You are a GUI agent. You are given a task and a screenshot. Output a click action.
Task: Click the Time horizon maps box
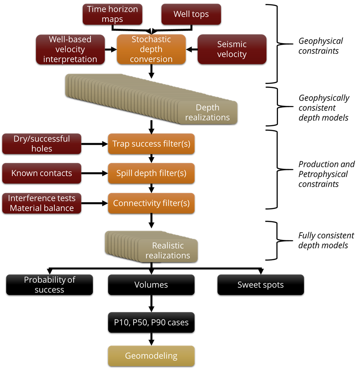click(x=112, y=14)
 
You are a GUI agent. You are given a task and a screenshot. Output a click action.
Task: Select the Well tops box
click(x=191, y=14)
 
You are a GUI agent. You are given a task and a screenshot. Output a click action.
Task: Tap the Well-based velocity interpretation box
click(x=70, y=49)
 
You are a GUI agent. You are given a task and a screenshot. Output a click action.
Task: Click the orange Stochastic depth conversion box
click(x=151, y=49)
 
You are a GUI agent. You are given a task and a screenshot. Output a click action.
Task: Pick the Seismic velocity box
click(x=232, y=49)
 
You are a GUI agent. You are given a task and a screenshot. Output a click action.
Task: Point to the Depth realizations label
click(x=208, y=112)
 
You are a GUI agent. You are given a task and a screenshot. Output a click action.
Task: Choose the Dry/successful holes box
click(x=42, y=144)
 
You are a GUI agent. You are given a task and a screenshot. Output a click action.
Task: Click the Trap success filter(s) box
click(x=151, y=144)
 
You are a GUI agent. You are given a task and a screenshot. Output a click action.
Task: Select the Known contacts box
click(x=42, y=173)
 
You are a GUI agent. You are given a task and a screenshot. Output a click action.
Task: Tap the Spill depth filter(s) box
click(x=151, y=173)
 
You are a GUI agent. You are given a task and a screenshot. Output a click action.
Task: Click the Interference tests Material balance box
click(x=42, y=203)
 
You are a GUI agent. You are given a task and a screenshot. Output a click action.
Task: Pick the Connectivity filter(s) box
click(x=151, y=203)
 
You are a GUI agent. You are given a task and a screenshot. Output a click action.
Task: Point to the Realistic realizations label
click(x=168, y=250)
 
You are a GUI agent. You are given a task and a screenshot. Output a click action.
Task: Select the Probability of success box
click(x=50, y=285)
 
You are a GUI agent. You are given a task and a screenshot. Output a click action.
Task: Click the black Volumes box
click(x=151, y=285)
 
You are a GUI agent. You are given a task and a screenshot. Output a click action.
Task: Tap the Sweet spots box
click(x=260, y=285)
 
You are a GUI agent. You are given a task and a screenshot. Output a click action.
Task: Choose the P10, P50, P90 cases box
click(x=151, y=322)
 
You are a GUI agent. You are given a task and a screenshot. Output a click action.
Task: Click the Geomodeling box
click(x=151, y=356)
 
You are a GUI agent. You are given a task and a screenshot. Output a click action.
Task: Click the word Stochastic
click(x=151, y=40)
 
